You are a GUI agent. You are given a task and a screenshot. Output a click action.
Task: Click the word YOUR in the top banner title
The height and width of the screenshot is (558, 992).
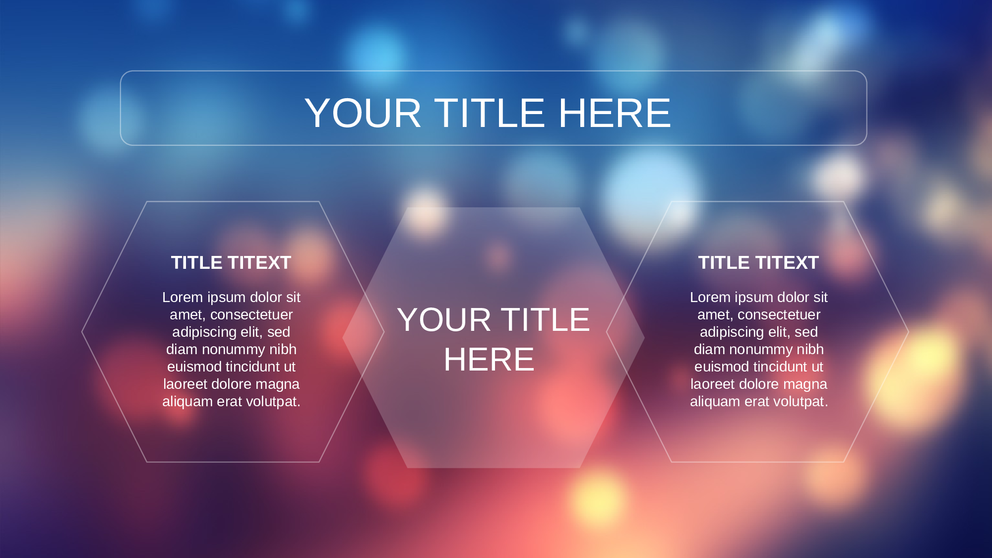tap(363, 113)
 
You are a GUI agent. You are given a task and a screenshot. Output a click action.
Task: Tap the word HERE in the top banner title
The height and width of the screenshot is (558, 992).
tap(615, 113)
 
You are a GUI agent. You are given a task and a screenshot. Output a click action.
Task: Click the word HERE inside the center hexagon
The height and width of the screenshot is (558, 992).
tap(489, 360)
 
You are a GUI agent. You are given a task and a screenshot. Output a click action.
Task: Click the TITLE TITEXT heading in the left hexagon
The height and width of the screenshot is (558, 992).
tap(231, 262)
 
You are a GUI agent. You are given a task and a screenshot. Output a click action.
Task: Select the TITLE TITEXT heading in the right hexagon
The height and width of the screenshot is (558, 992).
tap(758, 262)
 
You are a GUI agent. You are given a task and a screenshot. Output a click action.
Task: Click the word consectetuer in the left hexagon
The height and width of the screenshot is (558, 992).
tap(251, 314)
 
